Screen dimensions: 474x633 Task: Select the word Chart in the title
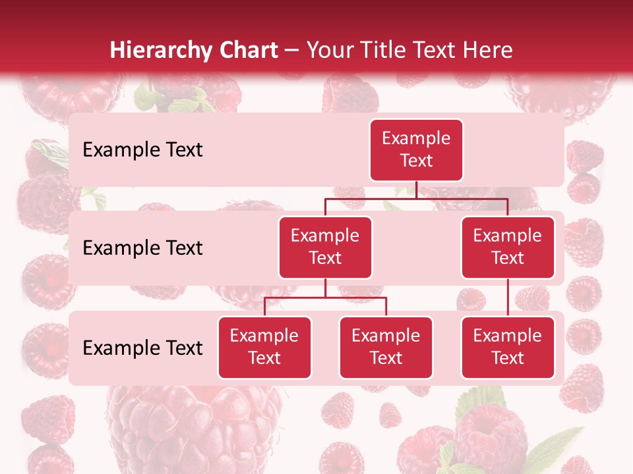click(249, 50)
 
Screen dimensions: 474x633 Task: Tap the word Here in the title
click(486, 50)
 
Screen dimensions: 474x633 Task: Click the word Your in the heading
click(330, 50)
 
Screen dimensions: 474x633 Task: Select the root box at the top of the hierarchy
click(416, 150)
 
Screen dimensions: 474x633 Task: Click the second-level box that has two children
click(325, 248)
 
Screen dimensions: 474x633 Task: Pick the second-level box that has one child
click(508, 248)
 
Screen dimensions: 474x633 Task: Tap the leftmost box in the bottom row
click(264, 348)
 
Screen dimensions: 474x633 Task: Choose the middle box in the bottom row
click(386, 348)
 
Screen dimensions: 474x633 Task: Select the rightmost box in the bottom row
click(508, 348)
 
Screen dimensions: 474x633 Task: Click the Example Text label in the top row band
click(142, 150)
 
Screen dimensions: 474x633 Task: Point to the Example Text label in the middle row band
click(142, 248)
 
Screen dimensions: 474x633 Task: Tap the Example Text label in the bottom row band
click(142, 348)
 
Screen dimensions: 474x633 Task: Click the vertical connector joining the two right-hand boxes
click(508, 297)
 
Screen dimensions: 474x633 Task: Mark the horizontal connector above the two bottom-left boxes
click(325, 298)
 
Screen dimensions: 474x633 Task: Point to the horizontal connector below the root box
click(416, 198)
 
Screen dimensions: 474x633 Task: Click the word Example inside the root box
click(416, 139)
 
